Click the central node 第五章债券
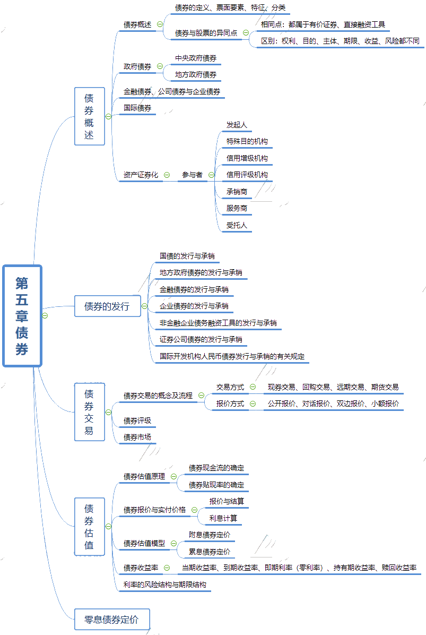[22, 315]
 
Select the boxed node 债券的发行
[107, 306]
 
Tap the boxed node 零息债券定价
[112, 619]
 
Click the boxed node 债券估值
[89, 527]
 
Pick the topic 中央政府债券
[195, 58]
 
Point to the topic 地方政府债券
[195, 75]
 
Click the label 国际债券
[137, 108]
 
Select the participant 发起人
[237, 125]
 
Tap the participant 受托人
[237, 225]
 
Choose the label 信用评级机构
[247, 175]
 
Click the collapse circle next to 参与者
[211, 175]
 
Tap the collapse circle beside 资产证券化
[167, 175]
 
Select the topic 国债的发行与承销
[187, 256]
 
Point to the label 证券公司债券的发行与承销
[201, 339]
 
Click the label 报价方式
[230, 404]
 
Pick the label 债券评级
[137, 421]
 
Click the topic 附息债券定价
[210, 535]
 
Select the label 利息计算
[223, 518]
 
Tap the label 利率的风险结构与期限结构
[164, 585]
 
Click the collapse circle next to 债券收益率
[167, 568]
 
